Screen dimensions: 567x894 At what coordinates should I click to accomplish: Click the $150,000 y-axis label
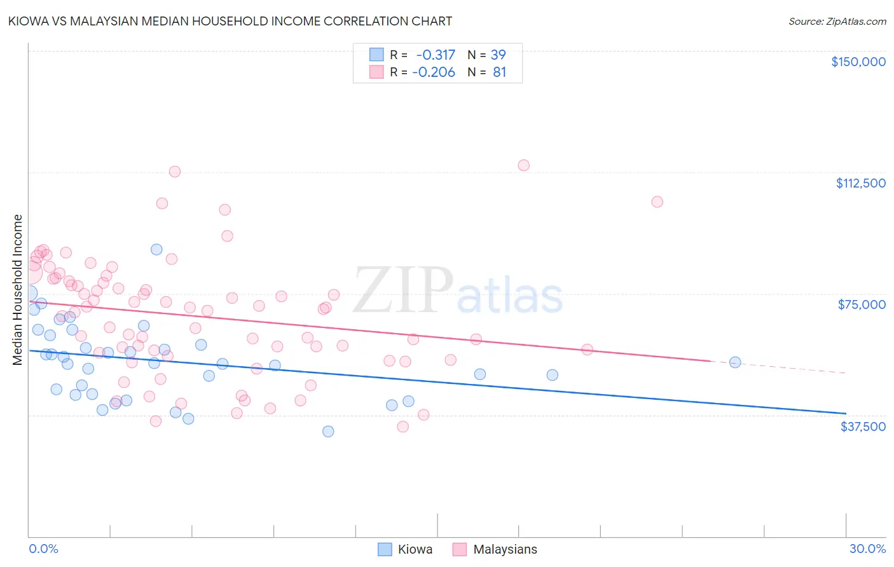858,62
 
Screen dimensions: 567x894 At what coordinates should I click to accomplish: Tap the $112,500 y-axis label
860,183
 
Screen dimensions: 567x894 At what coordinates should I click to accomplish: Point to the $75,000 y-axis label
862,304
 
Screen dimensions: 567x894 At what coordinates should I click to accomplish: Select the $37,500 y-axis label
863,427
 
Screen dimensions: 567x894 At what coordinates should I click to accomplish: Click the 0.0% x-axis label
43,549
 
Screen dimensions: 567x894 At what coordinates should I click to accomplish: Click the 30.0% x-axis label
867,549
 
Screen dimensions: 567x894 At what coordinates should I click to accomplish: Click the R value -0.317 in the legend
436,55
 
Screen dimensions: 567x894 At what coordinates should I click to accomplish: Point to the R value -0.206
434,72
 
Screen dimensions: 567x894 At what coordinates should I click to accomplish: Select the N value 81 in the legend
500,72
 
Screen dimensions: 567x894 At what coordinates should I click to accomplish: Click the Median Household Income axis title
18,290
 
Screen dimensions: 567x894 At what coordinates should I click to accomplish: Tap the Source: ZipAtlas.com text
837,22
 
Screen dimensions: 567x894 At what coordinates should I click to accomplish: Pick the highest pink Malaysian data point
523,165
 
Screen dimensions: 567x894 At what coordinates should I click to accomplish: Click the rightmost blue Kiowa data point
735,362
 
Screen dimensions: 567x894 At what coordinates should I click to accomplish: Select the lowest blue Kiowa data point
328,432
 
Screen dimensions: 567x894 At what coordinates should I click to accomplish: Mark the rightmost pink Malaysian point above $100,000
657,202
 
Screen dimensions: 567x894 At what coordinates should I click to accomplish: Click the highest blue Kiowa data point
156,249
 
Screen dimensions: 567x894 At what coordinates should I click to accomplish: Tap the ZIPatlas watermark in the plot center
458,290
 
